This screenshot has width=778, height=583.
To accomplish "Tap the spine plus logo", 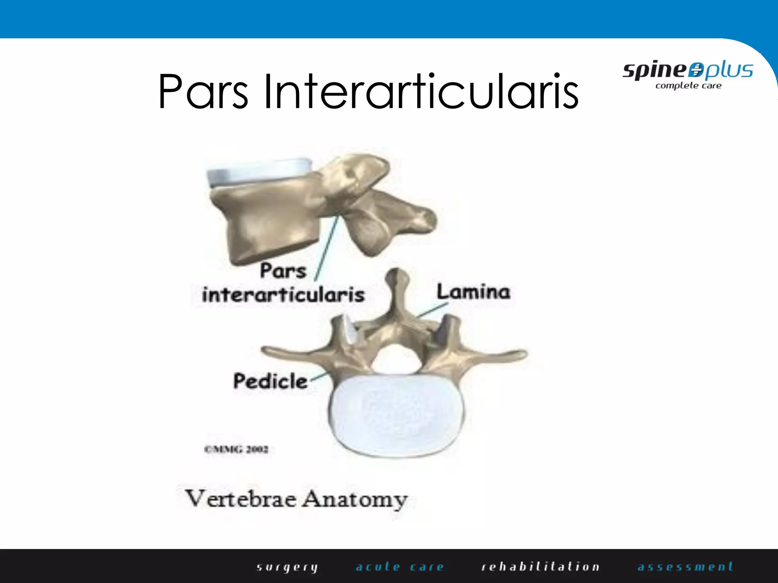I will click(688, 71).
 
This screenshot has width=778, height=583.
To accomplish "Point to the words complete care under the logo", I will click(688, 86).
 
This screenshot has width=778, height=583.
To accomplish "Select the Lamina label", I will click(473, 292).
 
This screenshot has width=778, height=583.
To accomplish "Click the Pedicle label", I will click(270, 381).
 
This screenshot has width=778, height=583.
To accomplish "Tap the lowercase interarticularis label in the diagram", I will click(283, 295).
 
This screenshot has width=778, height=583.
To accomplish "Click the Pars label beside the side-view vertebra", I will click(283, 271).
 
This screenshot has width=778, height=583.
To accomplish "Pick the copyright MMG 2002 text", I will click(236, 449).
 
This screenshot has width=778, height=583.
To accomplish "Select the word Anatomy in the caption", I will click(355, 499).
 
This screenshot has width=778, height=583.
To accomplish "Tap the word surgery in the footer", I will click(287, 567).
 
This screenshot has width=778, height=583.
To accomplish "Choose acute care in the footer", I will click(400, 567).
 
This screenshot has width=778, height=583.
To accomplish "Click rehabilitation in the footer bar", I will click(540, 567).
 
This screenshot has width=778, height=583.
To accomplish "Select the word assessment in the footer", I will click(685, 567).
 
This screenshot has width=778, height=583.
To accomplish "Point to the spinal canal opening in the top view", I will click(396, 357).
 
